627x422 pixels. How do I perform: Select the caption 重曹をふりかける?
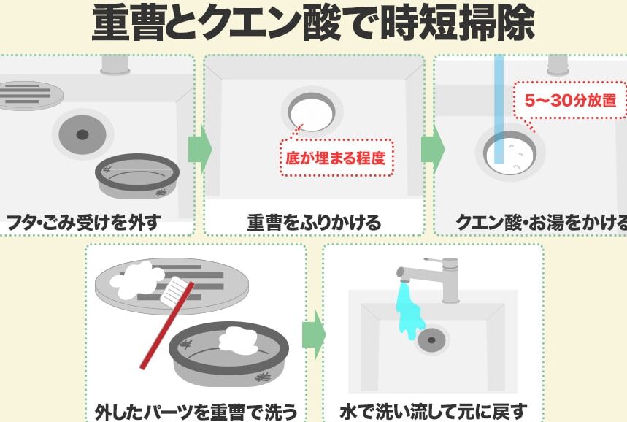click(314, 221)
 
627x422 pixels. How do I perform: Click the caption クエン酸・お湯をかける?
click(541, 221)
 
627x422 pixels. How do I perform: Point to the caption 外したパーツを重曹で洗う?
click(196, 410)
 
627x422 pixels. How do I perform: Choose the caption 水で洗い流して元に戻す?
click(433, 410)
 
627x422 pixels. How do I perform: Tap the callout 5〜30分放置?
click(570, 100)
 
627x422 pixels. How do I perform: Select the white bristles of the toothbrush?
click(174, 292)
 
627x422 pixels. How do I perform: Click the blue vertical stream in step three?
click(499, 110)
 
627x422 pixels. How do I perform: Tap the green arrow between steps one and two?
click(199, 149)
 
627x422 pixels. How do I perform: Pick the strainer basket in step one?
click(137, 175)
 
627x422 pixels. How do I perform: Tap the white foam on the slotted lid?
click(139, 279)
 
